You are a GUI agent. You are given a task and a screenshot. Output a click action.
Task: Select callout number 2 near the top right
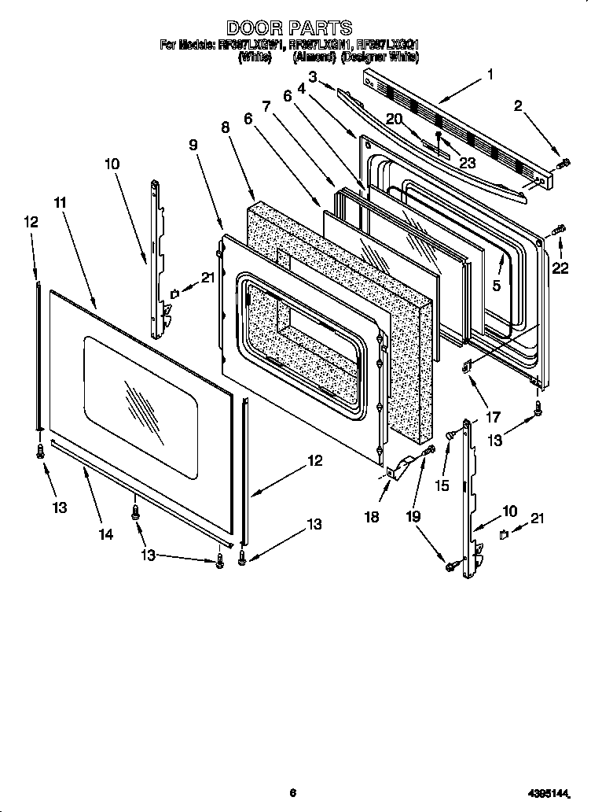point(518,106)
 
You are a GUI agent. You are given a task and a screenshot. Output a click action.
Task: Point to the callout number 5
point(496,286)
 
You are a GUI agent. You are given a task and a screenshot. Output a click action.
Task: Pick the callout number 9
point(193,145)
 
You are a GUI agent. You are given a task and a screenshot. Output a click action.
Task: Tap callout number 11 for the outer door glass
point(60,202)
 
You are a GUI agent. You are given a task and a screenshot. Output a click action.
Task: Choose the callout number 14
point(105,534)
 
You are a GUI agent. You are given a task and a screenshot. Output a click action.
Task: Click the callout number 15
point(442,487)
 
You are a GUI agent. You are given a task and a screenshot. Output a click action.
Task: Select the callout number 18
point(372,517)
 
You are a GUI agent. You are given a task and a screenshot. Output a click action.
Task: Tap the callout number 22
point(559,268)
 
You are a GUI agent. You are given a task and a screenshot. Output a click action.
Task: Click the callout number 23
point(468,164)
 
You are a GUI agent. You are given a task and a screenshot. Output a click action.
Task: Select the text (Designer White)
point(380,57)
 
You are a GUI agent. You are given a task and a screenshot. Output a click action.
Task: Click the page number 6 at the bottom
point(292,792)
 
